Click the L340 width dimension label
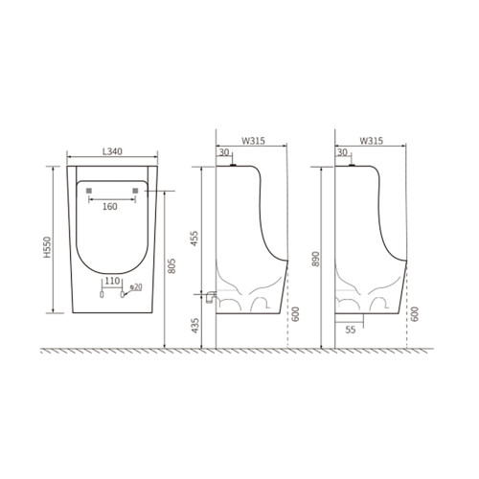(x=112, y=151)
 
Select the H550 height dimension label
(x=47, y=247)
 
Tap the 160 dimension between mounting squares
(x=110, y=207)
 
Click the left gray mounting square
(x=89, y=191)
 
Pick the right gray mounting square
(x=135, y=191)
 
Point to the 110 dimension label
(x=112, y=281)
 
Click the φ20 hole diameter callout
(x=136, y=287)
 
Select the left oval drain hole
(x=102, y=294)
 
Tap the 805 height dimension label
(x=171, y=265)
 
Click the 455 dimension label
(x=194, y=239)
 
